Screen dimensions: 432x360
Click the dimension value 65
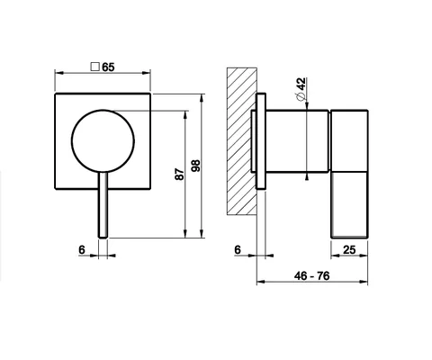point(108,67)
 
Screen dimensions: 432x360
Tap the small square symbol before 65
point(95,67)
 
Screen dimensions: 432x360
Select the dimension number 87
point(179,174)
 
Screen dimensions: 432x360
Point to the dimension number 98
point(196,166)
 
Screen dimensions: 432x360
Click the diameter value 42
point(301,84)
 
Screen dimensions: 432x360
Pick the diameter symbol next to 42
point(301,96)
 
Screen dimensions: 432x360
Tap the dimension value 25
point(349,249)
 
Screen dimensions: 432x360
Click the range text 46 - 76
point(312,275)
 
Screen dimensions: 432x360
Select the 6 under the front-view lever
point(82,249)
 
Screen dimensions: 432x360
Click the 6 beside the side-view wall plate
point(238,249)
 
